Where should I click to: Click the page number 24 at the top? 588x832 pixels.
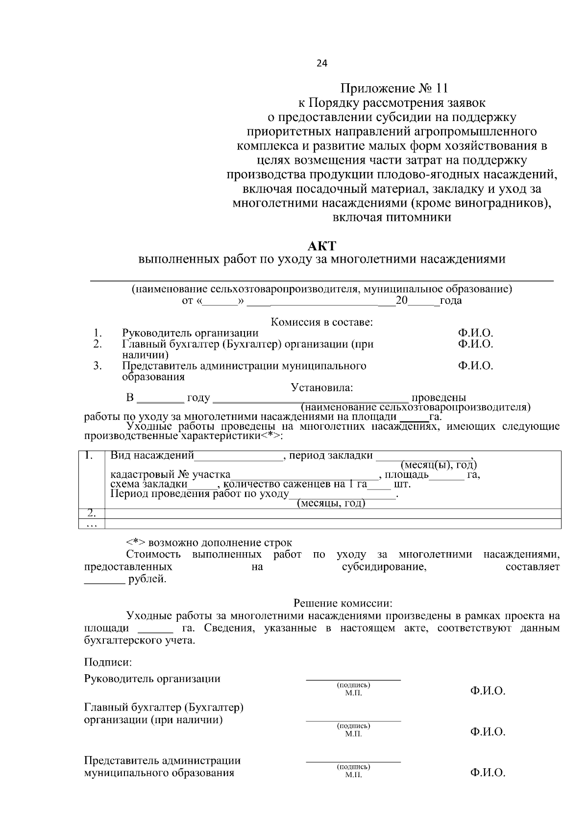point(321,63)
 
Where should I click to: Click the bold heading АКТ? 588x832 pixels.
point(321,245)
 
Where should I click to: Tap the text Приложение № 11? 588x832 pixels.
point(394,89)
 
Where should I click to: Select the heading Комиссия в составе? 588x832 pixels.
point(322,322)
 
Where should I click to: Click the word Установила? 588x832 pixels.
point(322,388)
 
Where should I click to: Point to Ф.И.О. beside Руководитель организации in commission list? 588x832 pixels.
point(475,333)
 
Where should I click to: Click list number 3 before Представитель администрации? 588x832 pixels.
point(98,366)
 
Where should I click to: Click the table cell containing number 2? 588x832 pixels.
point(92,514)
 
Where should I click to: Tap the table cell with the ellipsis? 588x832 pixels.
point(92,524)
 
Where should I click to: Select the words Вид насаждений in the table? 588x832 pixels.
point(152,456)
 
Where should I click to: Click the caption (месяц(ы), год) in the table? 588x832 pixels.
point(439,465)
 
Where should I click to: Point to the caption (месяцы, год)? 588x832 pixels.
point(331,503)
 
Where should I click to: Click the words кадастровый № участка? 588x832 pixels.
point(170,475)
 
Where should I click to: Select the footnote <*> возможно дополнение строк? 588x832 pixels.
point(209,543)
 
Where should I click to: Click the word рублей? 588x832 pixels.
point(147,580)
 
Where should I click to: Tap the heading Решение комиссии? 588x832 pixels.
point(343,603)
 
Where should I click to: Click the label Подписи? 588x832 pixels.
point(108,662)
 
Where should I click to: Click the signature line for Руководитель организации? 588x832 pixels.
point(353,680)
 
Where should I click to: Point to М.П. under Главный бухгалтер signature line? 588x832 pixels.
point(353,734)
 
